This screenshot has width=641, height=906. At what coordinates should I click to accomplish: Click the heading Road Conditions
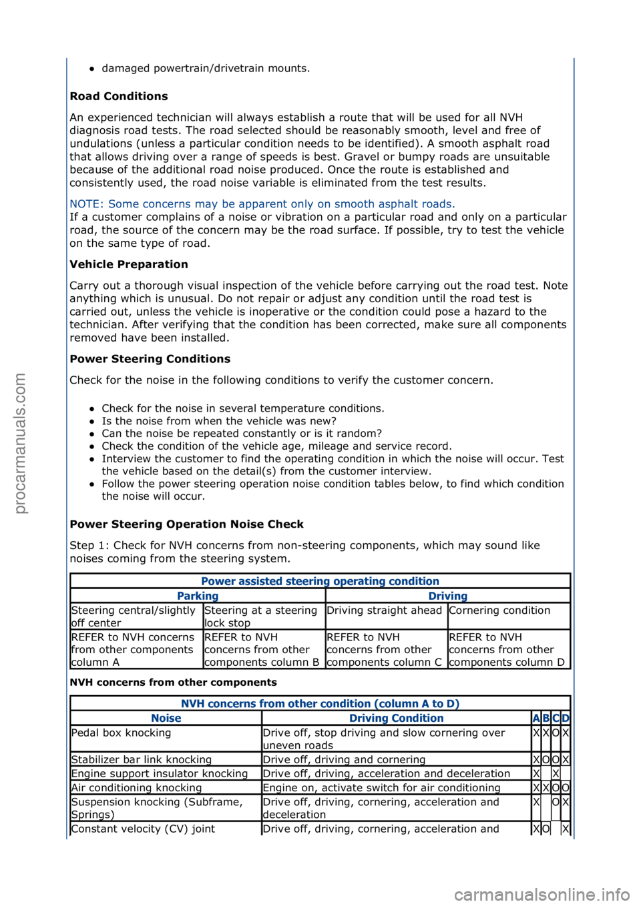point(119,96)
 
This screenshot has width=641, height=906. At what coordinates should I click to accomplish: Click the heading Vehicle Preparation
point(129,264)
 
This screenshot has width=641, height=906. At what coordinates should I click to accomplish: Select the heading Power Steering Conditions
point(150,359)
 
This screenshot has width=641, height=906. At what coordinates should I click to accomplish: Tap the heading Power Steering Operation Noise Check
point(186,524)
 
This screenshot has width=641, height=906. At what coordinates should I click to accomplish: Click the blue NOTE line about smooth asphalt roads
point(262,204)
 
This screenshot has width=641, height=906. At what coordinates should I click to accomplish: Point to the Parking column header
point(198,596)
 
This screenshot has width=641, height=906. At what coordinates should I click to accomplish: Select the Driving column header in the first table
point(447,596)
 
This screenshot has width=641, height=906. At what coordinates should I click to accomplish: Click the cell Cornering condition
point(499,610)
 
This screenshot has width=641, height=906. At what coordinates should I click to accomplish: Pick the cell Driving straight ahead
point(384,610)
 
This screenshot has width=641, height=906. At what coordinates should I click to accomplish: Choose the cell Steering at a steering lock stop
point(260,616)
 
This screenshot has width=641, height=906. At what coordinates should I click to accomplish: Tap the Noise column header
point(166,719)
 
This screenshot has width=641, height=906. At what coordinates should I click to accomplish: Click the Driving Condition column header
point(396,719)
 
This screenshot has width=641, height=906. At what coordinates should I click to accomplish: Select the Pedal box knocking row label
point(121,733)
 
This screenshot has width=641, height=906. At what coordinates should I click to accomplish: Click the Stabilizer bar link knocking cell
point(141,760)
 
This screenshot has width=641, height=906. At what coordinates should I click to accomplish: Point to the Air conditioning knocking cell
point(136,788)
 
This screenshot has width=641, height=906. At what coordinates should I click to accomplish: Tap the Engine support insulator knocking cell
point(159,774)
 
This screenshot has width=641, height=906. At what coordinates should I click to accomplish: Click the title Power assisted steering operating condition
point(320,581)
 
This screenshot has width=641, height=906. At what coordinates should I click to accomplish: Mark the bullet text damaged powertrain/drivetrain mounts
point(205,68)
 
